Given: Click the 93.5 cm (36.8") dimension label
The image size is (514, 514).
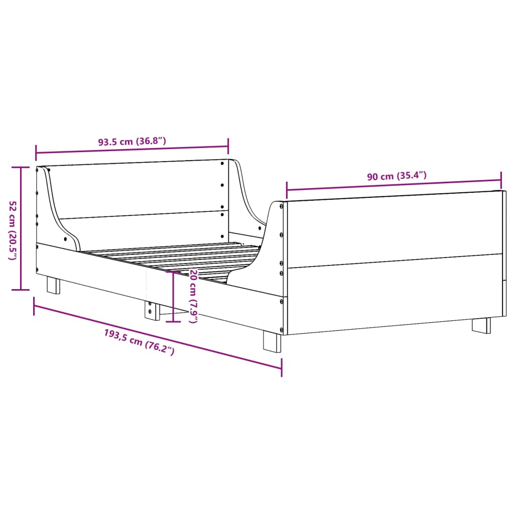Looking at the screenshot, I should (x=132, y=142).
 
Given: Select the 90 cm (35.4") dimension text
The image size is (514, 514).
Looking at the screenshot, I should (x=397, y=176).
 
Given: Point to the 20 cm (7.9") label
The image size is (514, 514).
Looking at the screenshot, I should (x=193, y=296).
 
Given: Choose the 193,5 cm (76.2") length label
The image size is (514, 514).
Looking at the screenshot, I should (x=139, y=342).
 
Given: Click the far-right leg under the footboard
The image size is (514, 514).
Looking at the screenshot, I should (x=481, y=325).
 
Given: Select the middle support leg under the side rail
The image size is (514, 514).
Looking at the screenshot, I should (x=150, y=310).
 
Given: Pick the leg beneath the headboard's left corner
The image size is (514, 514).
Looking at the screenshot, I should (x=53, y=285).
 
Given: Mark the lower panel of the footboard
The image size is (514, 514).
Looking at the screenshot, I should (x=394, y=294).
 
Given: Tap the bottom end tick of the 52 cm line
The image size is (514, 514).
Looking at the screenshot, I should (x=21, y=290).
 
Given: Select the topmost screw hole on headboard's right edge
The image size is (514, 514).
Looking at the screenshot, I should (x=222, y=163).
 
